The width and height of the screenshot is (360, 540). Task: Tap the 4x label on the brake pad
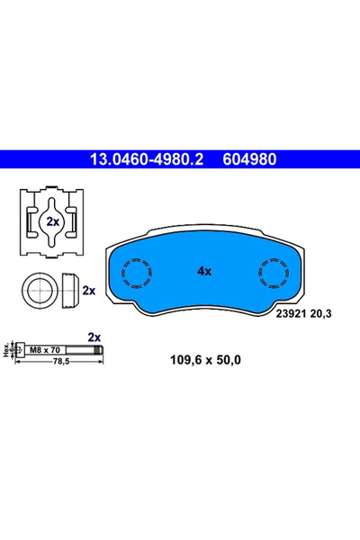click(203, 269)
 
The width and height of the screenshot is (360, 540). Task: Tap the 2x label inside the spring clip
click(53, 221)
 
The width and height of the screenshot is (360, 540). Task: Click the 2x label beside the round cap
click(89, 291)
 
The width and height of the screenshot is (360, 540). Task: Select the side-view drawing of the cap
click(69, 291)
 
